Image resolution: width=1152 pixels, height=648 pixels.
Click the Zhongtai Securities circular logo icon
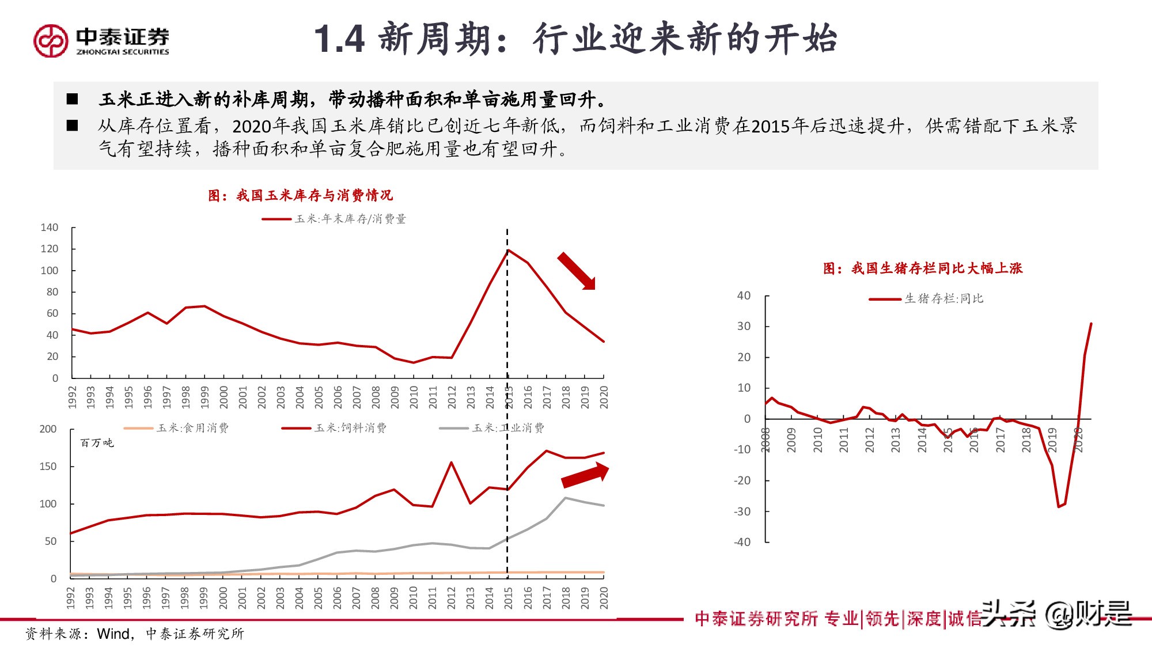click(51, 40)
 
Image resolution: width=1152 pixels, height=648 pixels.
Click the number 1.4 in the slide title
click(339, 40)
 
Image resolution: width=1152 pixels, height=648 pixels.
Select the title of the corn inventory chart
click(300, 195)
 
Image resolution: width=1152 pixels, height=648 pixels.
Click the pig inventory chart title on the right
click(922, 268)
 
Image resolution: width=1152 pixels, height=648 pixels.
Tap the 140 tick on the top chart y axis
click(50, 228)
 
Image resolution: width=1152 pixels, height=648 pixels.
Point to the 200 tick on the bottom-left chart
click(48, 429)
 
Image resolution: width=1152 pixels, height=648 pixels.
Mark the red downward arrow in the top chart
click(576, 271)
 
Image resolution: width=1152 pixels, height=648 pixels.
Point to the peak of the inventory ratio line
click(508, 251)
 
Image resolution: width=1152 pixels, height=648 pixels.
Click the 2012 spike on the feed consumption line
click(451, 463)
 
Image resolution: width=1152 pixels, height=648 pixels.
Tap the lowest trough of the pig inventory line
click(1059, 506)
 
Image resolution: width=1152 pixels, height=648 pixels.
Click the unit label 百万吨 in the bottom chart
click(97, 443)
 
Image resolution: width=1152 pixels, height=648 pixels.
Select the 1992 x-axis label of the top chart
click(72, 397)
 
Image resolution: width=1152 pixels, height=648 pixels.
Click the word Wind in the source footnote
click(113, 634)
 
